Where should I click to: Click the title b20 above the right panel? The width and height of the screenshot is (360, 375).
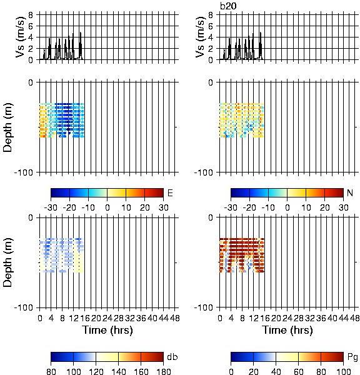[228, 6]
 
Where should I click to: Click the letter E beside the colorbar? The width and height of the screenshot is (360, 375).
[170, 192]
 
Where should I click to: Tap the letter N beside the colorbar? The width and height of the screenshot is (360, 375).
[350, 192]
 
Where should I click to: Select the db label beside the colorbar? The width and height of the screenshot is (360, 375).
[172, 357]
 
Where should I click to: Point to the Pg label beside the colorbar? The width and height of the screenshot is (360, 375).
[352, 357]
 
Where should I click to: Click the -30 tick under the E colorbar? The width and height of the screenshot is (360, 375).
[51, 207]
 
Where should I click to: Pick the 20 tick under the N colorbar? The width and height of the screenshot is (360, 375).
[324, 207]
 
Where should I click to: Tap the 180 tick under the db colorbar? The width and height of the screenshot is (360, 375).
[163, 371]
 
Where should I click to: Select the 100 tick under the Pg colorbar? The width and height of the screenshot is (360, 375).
[343, 371]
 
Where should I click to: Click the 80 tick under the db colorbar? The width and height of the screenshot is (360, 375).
[51, 371]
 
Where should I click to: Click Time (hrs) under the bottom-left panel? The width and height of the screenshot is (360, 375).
[107, 330]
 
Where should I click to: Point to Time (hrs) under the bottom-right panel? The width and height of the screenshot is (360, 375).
[287, 330]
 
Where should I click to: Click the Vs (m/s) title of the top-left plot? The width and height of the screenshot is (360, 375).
[20, 37]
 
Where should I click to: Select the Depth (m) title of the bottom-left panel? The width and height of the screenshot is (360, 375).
[7, 262]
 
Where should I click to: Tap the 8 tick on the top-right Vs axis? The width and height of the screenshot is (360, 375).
[211, 15]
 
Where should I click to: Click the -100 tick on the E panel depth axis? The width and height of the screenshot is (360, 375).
[24, 172]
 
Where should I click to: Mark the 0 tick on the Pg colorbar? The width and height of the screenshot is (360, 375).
[231, 371]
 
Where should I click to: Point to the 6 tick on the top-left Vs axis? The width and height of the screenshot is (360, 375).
[31, 26]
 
